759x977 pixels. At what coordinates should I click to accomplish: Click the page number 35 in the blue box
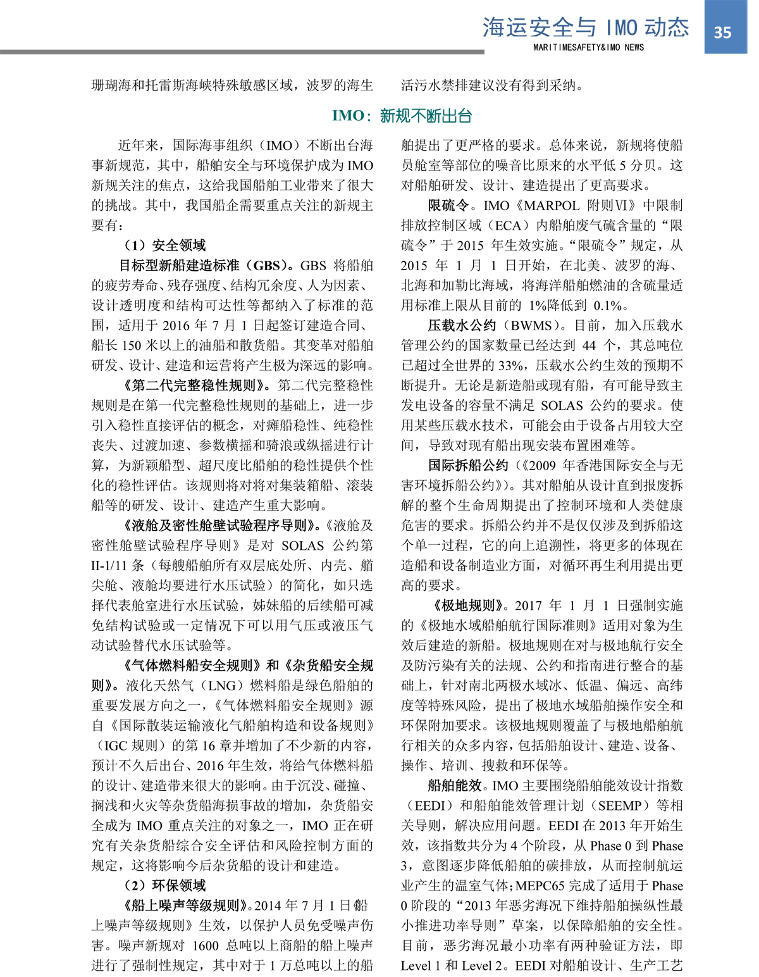click(722, 32)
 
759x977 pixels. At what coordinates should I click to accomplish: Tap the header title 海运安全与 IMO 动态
click(586, 27)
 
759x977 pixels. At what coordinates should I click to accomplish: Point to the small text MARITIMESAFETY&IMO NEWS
click(588, 47)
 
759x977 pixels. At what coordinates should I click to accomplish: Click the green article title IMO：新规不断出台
click(402, 116)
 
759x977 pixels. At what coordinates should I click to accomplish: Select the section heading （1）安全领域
click(164, 246)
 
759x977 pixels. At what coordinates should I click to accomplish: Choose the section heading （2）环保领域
click(164, 885)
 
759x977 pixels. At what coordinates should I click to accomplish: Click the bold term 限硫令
click(448, 206)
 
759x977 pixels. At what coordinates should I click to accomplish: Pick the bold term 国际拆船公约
click(468, 466)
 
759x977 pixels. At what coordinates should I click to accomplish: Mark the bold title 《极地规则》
click(468, 606)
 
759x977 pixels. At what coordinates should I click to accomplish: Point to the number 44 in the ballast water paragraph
click(589, 345)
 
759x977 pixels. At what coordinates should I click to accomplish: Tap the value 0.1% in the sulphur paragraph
click(606, 306)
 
